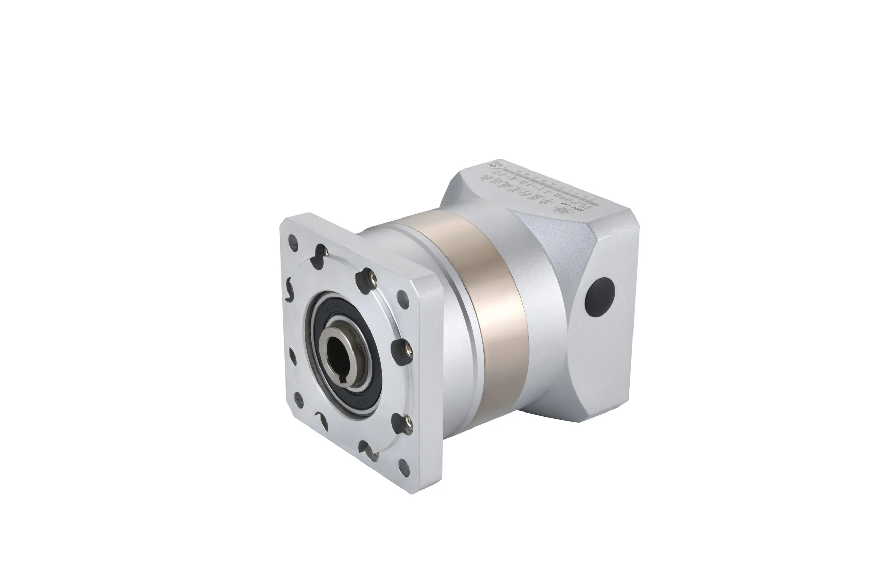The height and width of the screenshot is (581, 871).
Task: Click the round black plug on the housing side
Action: click(599, 297)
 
